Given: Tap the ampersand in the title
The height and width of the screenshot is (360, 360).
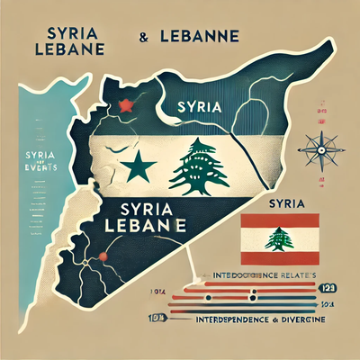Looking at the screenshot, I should click(x=143, y=40).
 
